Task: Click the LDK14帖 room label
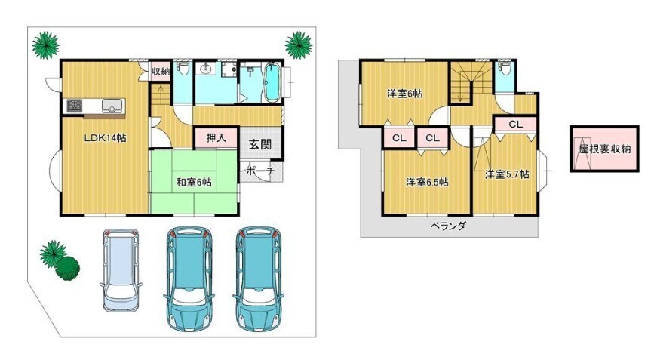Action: (105, 138)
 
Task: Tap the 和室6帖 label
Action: (194, 183)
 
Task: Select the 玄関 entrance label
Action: (260, 144)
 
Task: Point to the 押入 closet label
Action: (216, 137)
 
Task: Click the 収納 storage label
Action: (161, 71)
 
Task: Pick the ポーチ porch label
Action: (260, 171)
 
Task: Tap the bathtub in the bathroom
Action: (272, 82)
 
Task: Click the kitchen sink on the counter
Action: (112, 106)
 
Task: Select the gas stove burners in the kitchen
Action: (75, 106)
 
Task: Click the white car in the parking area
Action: (121, 270)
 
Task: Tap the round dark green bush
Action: (67, 268)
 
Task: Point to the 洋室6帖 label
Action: (404, 94)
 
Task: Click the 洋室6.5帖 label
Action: (428, 182)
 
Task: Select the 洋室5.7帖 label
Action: (507, 174)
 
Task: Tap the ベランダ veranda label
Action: (448, 226)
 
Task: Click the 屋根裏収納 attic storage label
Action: (604, 149)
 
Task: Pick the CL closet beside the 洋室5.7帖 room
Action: (515, 124)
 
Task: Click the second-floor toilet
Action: (505, 69)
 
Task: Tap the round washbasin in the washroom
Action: (205, 69)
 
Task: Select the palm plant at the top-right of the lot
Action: (299, 45)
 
